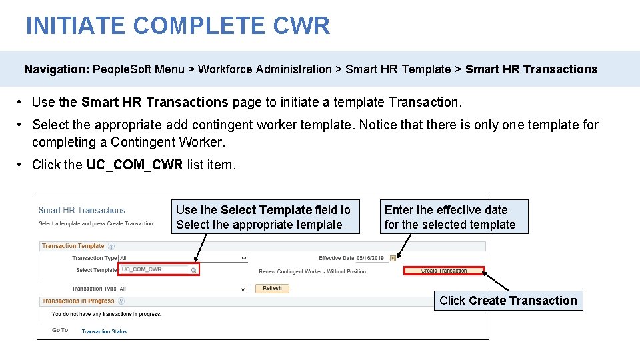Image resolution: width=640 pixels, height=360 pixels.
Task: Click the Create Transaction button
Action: [x=444, y=271]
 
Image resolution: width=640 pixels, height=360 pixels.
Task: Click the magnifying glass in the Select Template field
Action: [x=193, y=270]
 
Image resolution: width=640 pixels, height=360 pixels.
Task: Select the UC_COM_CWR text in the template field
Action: [x=142, y=269]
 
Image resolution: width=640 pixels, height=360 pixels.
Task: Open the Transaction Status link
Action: [x=104, y=331]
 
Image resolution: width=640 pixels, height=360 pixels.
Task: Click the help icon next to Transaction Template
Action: [x=109, y=246]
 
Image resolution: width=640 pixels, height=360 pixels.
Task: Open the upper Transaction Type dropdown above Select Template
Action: [x=183, y=258]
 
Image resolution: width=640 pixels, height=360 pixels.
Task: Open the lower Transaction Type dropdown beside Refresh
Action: [x=183, y=289]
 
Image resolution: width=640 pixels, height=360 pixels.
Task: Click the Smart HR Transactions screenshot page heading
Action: [x=82, y=211]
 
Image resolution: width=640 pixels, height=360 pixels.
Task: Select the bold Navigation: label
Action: [x=57, y=69]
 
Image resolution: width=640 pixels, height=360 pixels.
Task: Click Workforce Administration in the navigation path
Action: [x=265, y=69]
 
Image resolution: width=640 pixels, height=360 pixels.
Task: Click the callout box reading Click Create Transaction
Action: [x=508, y=301]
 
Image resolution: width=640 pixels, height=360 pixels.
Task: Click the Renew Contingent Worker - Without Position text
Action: [x=312, y=271]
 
